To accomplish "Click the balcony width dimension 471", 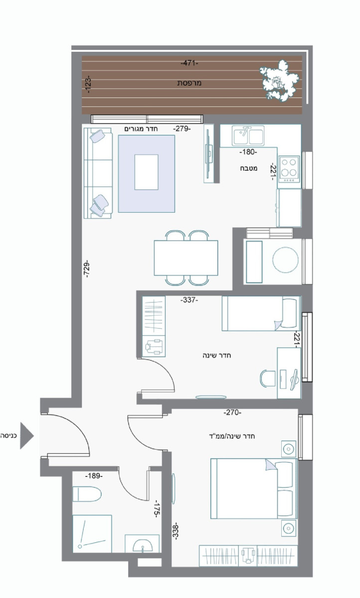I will click(189, 63).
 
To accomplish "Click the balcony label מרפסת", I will click(189, 83).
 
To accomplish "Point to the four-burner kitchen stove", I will click(289, 167).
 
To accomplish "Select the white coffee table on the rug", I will click(146, 172).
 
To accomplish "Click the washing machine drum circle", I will click(285, 261).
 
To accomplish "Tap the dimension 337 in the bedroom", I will click(189, 300).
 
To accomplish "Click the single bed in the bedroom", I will click(261, 313).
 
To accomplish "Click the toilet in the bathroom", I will click(87, 494).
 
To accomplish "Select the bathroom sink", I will click(143, 544).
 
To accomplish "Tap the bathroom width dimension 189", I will click(93, 476).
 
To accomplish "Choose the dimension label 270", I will click(232, 413).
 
